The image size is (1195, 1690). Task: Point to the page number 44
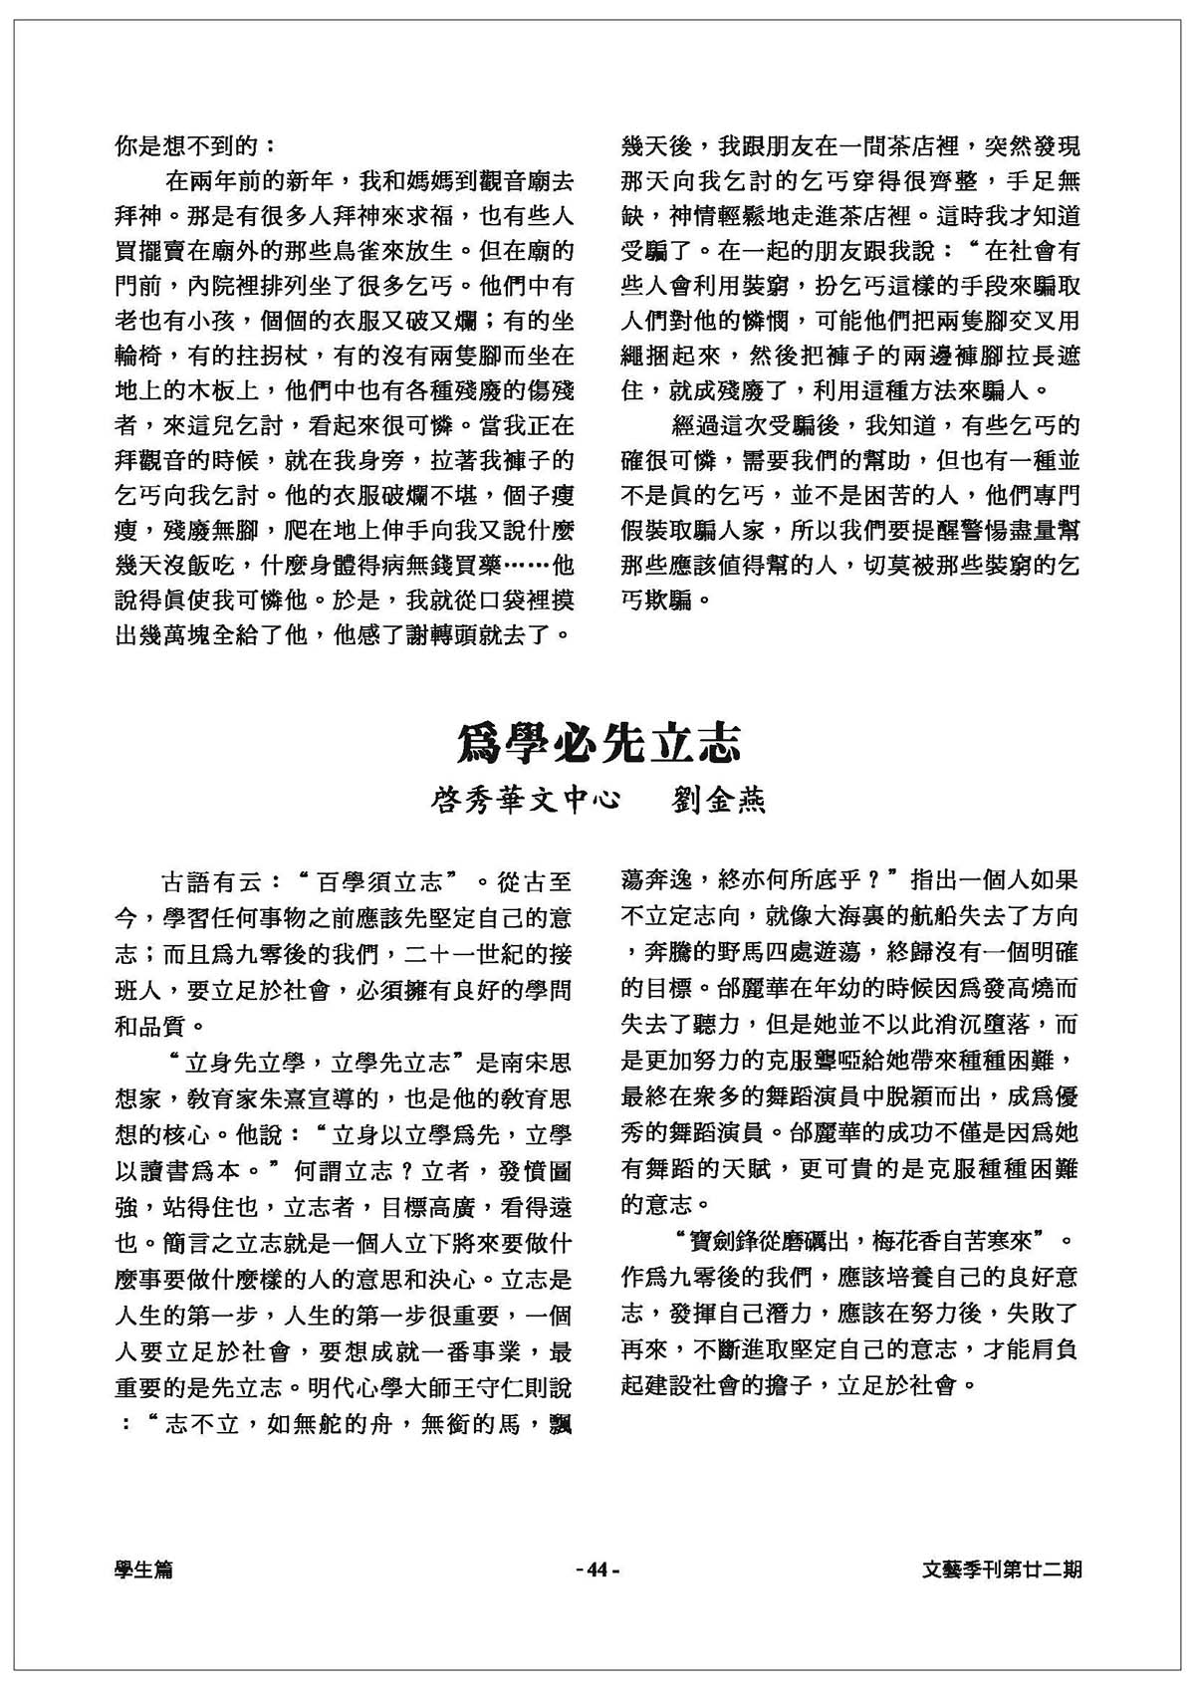click(597, 1570)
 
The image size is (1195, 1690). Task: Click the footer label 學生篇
click(143, 1570)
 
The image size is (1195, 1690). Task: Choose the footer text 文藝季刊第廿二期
click(1001, 1570)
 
